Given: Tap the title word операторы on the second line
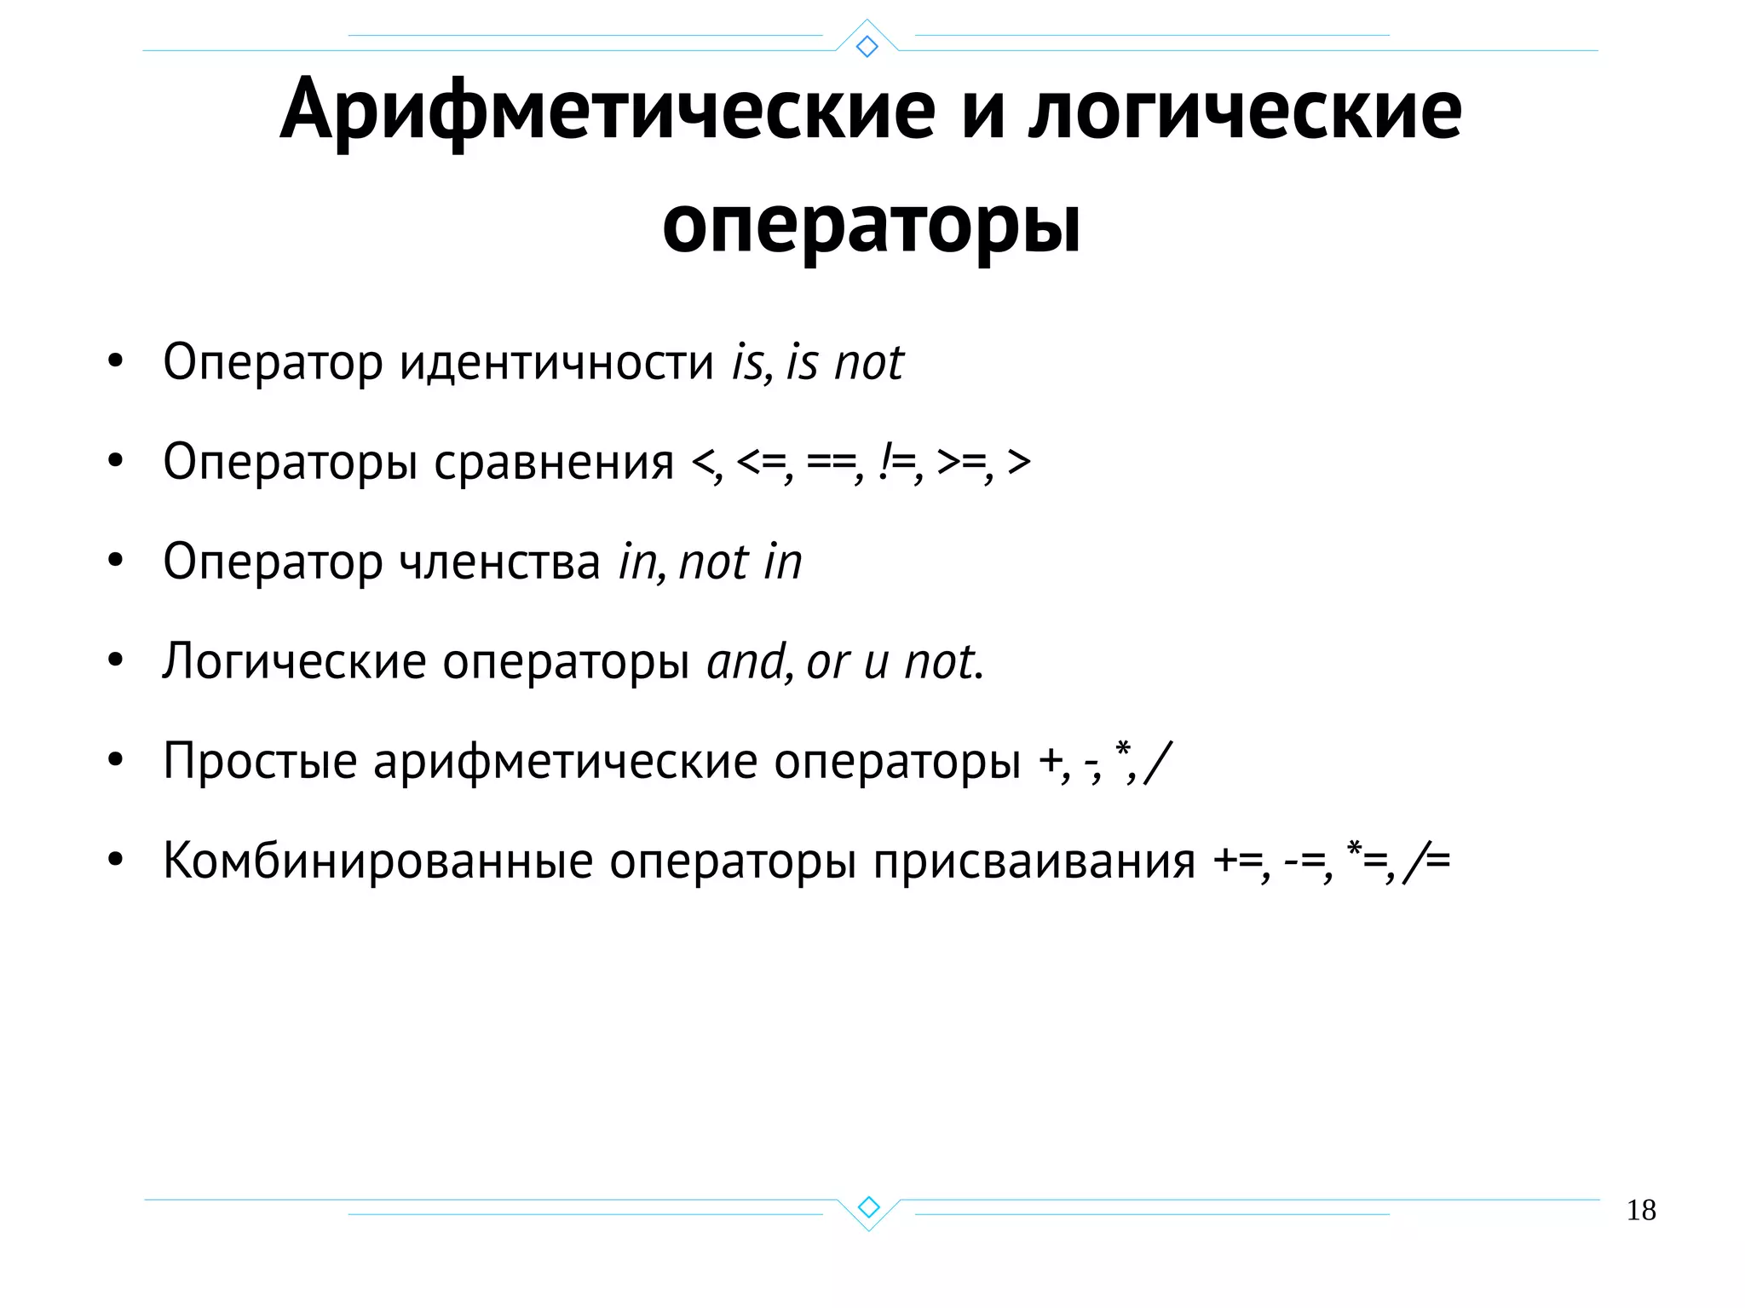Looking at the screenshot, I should [872, 225].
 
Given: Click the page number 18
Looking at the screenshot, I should [1641, 1210].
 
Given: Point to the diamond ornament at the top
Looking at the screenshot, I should [867, 46].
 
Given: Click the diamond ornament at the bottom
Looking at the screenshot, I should [868, 1207].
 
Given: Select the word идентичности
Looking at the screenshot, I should [556, 363].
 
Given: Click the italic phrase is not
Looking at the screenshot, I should [844, 363].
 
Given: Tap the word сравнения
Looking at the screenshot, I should [554, 463].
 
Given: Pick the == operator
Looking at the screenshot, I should [832, 463].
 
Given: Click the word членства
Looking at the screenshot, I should [500, 562].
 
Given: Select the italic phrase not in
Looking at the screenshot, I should [740, 562].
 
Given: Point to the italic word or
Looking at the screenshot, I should [827, 662].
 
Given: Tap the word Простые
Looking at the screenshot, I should [260, 761].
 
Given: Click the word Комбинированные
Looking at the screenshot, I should [377, 861].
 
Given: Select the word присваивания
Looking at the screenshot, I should [1034, 861].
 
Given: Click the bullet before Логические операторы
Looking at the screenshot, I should [116, 660].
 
